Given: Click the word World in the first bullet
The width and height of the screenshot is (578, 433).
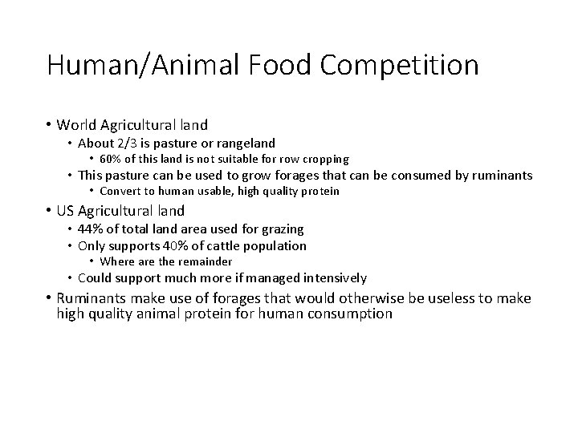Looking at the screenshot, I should pos(76,124).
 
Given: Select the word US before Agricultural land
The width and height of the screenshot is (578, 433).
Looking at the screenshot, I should pos(67,211).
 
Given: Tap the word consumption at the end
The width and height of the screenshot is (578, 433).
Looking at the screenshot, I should pos(350,314).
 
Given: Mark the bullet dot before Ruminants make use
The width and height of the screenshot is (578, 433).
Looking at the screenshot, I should pos(49,298).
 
